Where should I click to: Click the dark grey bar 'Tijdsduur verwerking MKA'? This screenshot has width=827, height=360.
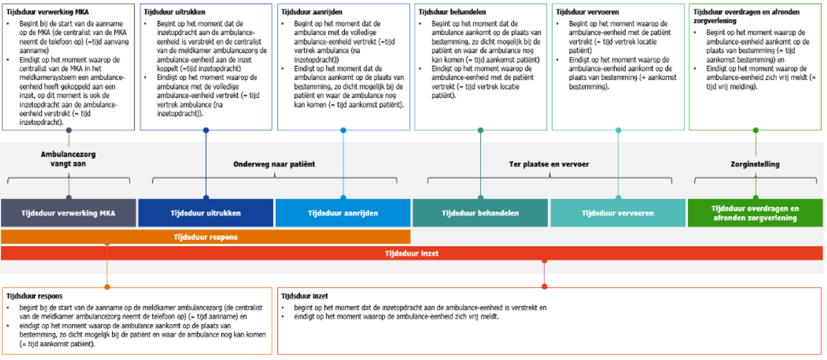pyautogui.click(x=69, y=213)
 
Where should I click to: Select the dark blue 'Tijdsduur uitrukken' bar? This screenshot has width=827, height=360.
pyautogui.click(x=206, y=213)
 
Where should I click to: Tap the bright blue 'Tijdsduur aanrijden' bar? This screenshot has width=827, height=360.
pyautogui.click(x=343, y=213)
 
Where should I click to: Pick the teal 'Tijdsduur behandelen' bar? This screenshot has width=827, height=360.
pyautogui.click(x=480, y=213)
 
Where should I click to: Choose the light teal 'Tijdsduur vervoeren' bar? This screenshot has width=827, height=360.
pyautogui.click(x=618, y=213)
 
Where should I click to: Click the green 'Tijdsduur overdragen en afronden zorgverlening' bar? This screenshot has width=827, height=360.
pyautogui.click(x=755, y=213)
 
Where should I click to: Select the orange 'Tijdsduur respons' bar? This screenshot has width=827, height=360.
pyautogui.click(x=206, y=237)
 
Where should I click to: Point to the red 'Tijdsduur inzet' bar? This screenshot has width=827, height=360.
pyautogui.click(x=412, y=253)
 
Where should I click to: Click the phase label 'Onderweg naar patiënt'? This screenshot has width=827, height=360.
pyautogui.click(x=274, y=164)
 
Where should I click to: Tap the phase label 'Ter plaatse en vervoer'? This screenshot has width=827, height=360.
pyautogui.click(x=549, y=164)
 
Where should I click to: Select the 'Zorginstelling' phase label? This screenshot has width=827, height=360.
pyautogui.click(x=755, y=164)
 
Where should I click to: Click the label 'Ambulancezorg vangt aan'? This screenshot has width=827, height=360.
pyautogui.click(x=68, y=159)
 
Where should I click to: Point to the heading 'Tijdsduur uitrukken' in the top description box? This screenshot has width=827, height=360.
pyautogui.click(x=174, y=12)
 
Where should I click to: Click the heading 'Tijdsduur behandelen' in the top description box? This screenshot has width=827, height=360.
pyautogui.click(x=452, y=12)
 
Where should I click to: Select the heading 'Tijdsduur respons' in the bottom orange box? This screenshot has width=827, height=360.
pyautogui.click(x=34, y=295)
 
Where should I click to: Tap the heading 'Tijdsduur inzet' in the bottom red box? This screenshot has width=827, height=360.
pyautogui.click(x=304, y=295)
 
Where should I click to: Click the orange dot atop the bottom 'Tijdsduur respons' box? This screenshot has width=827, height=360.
pyautogui.click(x=107, y=287)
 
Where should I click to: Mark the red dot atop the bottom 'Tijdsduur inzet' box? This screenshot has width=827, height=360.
pyautogui.click(x=545, y=287)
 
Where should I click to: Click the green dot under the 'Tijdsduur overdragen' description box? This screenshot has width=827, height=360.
pyautogui.click(x=755, y=130)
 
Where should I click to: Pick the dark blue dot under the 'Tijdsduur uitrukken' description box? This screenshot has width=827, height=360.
pyautogui.click(x=206, y=130)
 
